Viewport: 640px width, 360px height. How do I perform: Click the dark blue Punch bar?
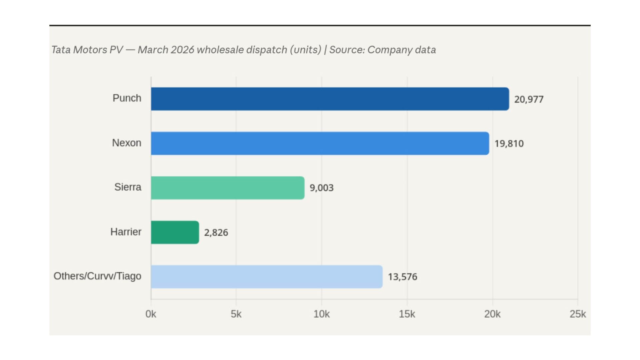point(330,99)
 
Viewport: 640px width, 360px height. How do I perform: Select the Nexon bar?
point(320,143)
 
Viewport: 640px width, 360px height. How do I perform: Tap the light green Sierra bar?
point(228,188)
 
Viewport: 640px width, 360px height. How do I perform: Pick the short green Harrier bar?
point(175,232)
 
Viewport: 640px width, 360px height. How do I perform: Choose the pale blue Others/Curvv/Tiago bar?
point(267,277)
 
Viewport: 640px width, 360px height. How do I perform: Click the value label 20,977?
point(529,99)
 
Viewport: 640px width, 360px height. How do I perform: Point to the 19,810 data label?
point(509,144)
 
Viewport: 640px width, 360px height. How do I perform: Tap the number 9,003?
point(322,188)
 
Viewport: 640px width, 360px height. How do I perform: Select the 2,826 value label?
point(216,232)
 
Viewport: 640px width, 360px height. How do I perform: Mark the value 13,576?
point(402,277)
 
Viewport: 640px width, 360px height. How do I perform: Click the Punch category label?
point(127,98)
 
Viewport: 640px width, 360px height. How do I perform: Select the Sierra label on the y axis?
point(128,187)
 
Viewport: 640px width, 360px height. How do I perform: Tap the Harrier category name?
point(126,232)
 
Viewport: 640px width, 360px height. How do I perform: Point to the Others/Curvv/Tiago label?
point(97,276)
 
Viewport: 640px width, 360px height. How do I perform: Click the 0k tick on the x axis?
point(151,314)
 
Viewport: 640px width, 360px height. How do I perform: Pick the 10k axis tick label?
point(321,314)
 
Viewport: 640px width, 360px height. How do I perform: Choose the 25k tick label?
point(577,314)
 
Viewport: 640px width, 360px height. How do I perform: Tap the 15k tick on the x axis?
point(407,314)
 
